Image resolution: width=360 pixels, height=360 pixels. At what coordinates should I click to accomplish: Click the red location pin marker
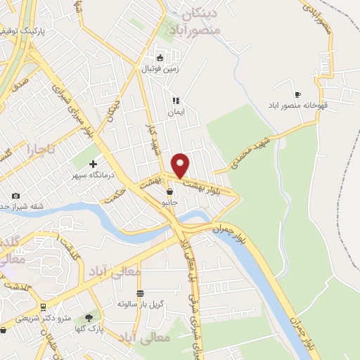click(181, 165)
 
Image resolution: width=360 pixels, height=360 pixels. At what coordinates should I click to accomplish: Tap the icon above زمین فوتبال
click(160, 58)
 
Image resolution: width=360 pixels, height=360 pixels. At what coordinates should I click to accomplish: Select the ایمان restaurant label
click(175, 112)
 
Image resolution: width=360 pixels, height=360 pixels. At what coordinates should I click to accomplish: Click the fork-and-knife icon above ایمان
click(175, 101)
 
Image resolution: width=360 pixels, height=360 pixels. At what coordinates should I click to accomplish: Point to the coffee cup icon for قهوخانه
click(297, 94)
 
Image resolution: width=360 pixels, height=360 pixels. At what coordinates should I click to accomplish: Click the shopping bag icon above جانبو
click(169, 191)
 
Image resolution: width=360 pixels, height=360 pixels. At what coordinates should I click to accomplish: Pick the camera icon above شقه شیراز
click(15, 195)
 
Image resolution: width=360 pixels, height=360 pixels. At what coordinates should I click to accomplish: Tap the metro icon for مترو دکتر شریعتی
click(43, 307)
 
